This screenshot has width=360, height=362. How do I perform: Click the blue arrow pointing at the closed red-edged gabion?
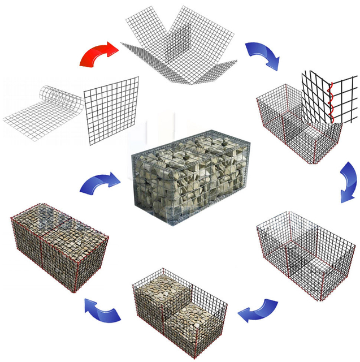tap(102, 311)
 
